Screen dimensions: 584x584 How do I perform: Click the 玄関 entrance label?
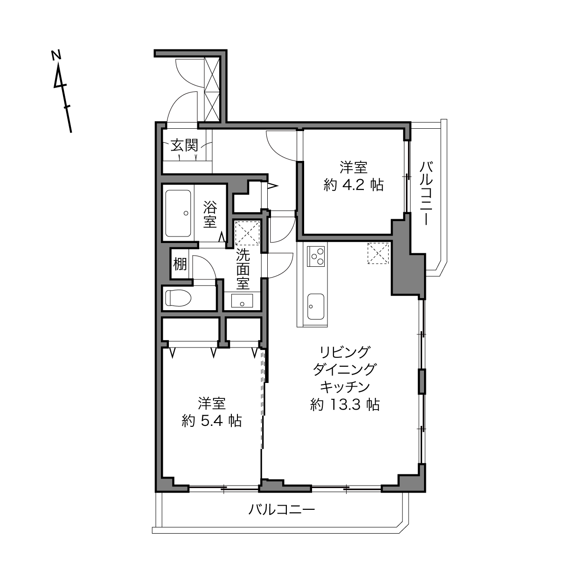point(184,145)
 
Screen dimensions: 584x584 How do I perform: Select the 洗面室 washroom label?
point(243,269)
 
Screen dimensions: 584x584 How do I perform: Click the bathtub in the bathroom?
point(178,214)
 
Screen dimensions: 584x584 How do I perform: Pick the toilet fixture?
point(178,298)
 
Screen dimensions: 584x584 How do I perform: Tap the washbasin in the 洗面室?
point(242,301)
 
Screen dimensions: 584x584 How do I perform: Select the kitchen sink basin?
point(315,306)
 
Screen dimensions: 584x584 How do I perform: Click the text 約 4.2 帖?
point(354,185)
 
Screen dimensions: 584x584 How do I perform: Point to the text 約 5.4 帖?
point(212,421)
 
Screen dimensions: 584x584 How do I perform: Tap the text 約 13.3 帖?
point(345,404)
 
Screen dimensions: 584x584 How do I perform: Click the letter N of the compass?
point(56,55)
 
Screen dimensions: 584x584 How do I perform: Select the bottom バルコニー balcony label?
point(282,509)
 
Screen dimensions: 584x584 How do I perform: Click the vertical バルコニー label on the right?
point(426,194)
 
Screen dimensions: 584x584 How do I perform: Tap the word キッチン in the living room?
point(345,387)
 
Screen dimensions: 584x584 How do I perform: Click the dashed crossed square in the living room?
point(378,253)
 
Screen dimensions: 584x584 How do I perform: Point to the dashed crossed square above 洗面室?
point(248,233)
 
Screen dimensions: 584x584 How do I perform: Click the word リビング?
point(345,352)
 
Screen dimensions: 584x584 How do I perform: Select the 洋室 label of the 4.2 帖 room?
point(354,167)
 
